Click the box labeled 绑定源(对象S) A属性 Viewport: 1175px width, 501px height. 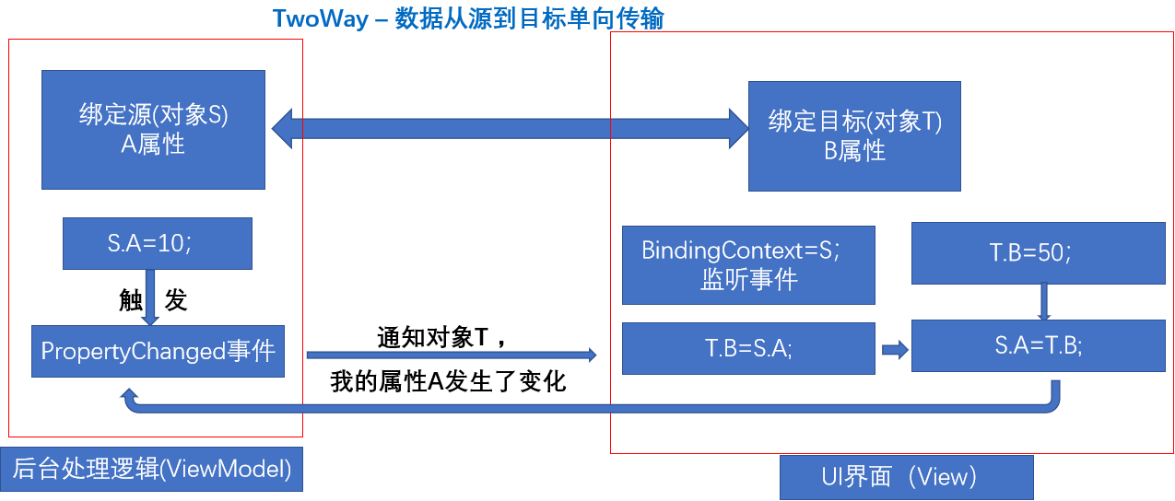click(x=153, y=130)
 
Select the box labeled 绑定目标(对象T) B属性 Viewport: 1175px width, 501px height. click(x=854, y=136)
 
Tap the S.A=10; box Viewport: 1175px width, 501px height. click(x=157, y=244)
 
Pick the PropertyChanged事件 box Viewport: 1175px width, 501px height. click(x=158, y=351)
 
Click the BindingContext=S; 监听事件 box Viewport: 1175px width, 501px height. click(x=747, y=265)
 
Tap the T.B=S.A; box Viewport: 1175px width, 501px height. click(x=747, y=348)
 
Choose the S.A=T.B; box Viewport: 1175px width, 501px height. click(x=1038, y=345)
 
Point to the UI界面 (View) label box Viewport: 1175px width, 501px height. click(x=906, y=477)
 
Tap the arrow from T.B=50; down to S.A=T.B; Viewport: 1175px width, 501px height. click(x=1044, y=301)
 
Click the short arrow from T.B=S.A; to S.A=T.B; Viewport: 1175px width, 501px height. click(x=894, y=349)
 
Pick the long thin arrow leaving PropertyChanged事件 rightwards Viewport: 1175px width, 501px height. click(x=451, y=354)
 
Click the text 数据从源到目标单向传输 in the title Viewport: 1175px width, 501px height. click(x=529, y=18)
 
